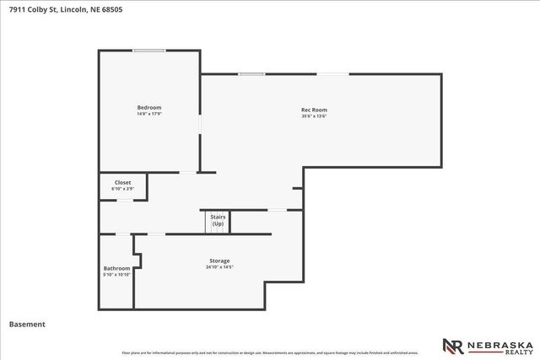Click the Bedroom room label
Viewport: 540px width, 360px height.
click(149, 107)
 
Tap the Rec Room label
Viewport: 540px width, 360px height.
click(314, 110)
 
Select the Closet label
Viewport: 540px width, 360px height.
click(123, 182)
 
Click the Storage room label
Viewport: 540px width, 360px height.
click(219, 261)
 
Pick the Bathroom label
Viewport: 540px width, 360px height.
click(116, 268)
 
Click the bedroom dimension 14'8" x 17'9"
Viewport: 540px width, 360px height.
click(149, 114)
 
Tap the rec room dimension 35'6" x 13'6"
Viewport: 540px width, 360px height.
click(314, 116)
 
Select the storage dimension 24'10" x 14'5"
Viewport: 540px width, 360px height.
click(219, 267)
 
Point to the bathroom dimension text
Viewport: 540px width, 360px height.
click(116, 275)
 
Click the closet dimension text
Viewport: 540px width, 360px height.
click(123, 189)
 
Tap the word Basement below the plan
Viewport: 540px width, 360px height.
click(26, 324)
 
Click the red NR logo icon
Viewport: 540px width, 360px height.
click(453, 346)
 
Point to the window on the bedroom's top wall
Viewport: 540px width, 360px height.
click(148, 51)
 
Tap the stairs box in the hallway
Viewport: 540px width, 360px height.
click(219, 221)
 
